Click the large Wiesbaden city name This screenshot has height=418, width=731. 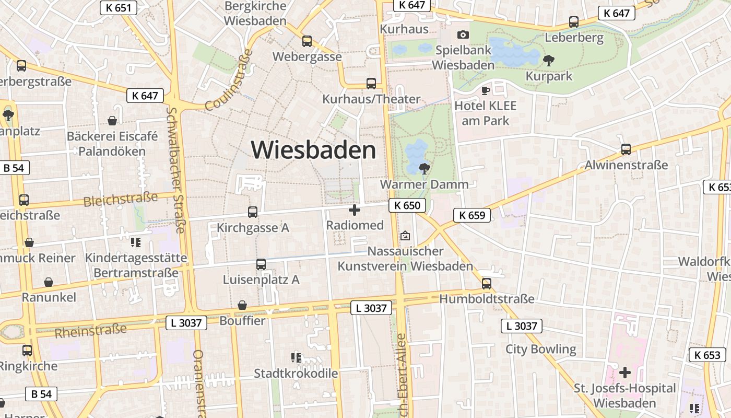coord(313,150)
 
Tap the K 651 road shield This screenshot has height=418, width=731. coord(118,7)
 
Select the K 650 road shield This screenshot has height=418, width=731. coord(407,205)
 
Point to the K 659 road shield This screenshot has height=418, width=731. coord(472,215)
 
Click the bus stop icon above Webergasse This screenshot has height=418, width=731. coord(307,41)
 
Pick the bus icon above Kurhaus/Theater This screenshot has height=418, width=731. coord(371,84)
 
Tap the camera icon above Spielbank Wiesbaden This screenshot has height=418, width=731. coord(463,35)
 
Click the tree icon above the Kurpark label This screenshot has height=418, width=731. coord(548,61)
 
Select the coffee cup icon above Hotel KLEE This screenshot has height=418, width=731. coord(485,90)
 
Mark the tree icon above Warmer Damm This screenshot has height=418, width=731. coord(424,168)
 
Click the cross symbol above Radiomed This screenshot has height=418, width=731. coord(355,210)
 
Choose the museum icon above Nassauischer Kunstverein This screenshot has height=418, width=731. coord(405,236)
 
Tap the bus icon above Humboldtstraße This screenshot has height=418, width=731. coord(487,283)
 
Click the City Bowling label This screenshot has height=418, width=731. coord(540,349)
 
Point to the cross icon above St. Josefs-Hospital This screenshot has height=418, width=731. coord(624,373)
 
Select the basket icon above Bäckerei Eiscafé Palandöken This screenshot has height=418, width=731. coord(112,121)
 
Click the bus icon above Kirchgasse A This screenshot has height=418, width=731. coord(253,212)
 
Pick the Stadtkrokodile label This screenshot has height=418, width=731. coord(296,374)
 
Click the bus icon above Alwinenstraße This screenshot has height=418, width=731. coord(626,149)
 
